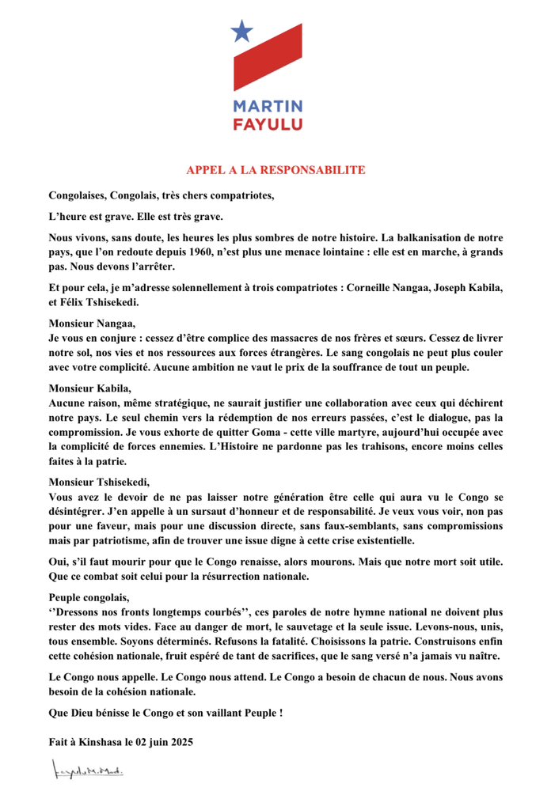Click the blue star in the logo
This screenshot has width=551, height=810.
[241, 31]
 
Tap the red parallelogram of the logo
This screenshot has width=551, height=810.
[268, 56]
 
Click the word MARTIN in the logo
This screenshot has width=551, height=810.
[268, 107]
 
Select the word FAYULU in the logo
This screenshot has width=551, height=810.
[268, 123]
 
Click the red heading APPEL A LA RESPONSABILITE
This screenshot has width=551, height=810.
[275, 170]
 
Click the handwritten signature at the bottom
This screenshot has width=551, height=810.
[86, 770]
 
